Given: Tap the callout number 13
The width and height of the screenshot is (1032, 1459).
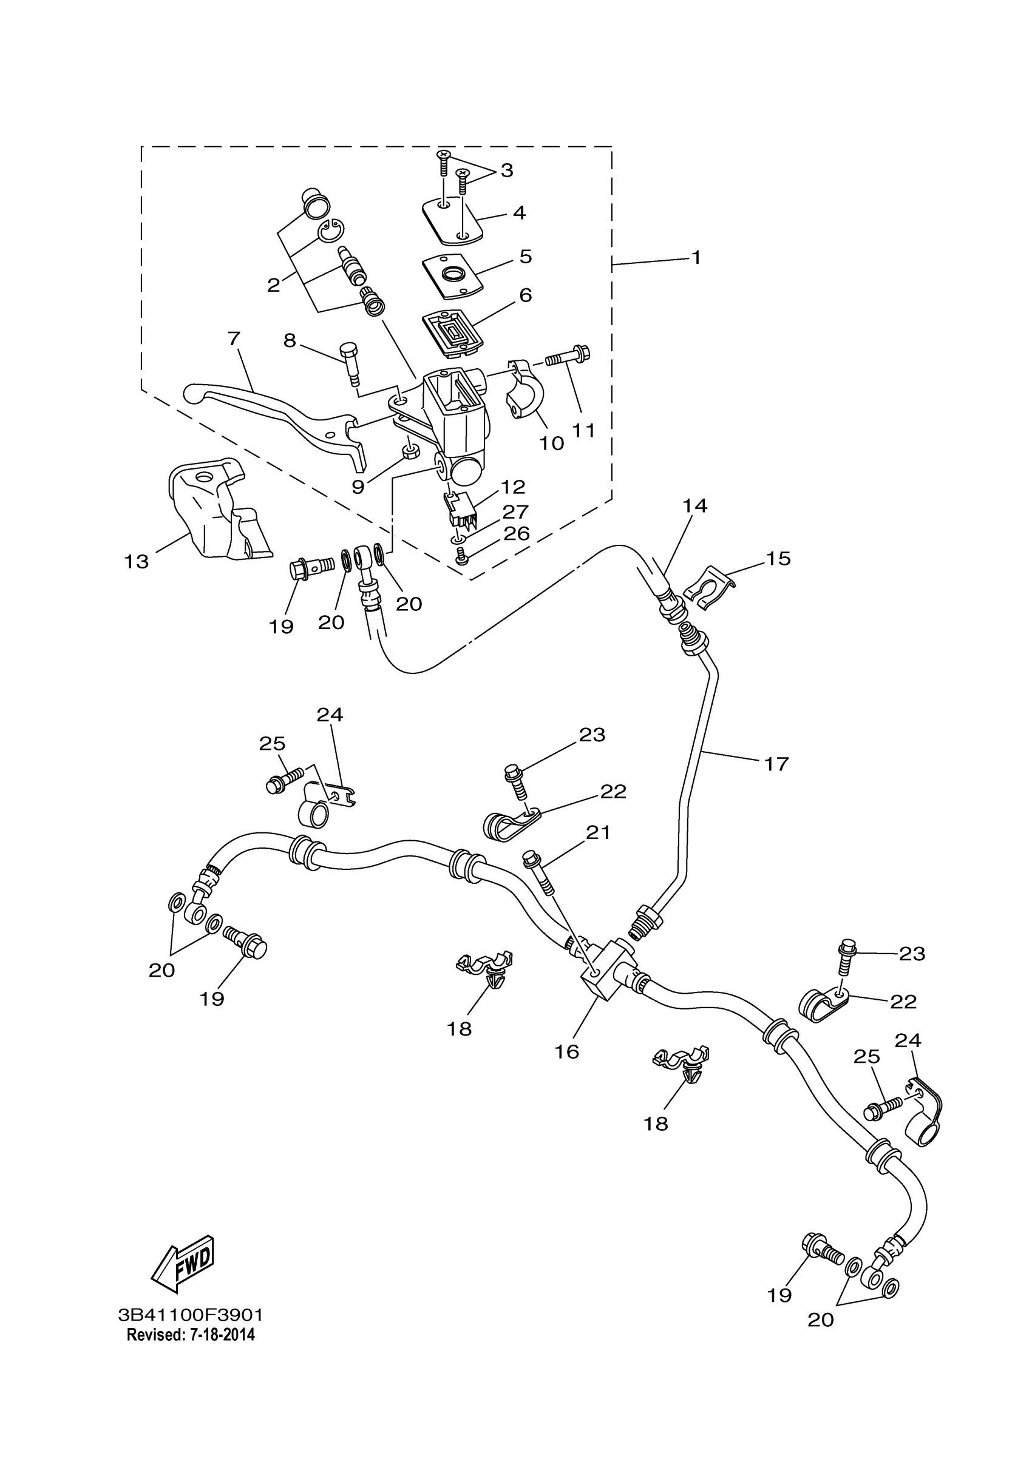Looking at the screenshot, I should [x=136, y=562].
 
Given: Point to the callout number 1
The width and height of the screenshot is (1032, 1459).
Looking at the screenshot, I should [x=696, y=257].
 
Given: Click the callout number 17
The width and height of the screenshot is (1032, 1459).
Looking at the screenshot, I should [x=776, y=763].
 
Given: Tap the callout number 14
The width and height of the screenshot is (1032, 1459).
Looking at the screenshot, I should [x=695, y=506].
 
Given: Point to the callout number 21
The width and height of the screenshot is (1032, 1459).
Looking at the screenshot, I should [x=598, y=832].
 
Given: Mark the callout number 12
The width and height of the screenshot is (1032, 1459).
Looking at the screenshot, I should [x=513, y=487].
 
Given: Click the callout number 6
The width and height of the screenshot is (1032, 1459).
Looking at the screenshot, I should [x=525, y=295].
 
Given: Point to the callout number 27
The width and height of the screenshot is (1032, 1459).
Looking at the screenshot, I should [x=515, y=511].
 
